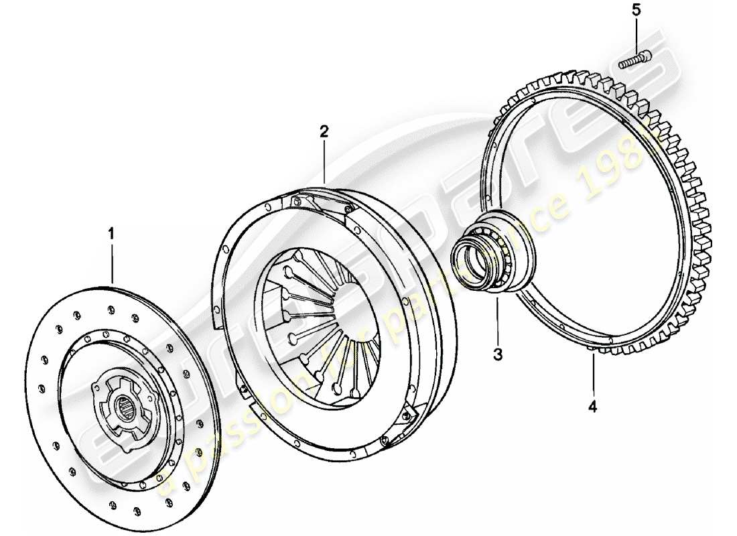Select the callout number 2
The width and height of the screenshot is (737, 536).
tap(324, 131)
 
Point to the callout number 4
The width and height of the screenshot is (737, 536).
tap(593, 405)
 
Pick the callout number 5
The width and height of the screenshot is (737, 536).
tap(636, 11)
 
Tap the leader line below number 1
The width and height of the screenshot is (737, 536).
tap(112, 261)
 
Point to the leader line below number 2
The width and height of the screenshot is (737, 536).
tap(324, 161)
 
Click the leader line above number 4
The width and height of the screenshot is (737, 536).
tap(593, 375)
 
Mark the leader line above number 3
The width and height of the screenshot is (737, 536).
tap(498, 322)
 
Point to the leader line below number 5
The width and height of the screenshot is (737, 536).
tap(636, 37)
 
